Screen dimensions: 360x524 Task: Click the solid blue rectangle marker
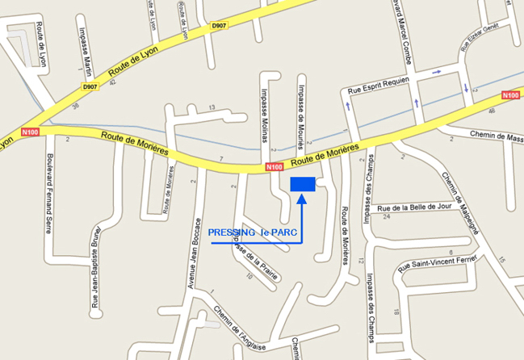[303, 185]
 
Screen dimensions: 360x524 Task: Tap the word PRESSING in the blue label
[232, 232]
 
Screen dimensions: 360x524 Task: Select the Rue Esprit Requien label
[379, 86]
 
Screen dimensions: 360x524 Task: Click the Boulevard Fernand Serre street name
[49, 193]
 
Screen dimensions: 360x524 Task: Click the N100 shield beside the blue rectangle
[275, 168]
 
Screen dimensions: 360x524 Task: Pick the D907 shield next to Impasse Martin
[90, 87]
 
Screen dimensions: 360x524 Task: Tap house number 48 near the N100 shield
[492, 111]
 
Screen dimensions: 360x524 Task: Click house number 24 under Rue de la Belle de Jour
[387, 216]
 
